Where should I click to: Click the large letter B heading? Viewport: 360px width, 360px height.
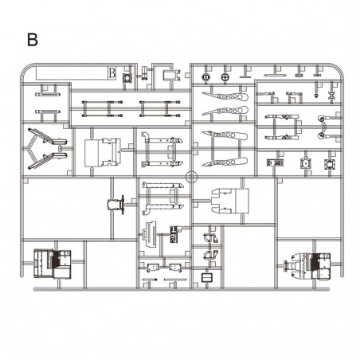tap(33, 40)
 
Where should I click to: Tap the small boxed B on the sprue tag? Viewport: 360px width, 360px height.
tap(112, 73)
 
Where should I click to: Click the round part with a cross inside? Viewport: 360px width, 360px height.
tap(225, 77)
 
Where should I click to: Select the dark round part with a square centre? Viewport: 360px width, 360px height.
tap(205, 77)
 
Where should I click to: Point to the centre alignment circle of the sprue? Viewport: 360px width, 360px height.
tap(191, 177)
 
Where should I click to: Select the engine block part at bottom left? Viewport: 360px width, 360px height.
tap(53, 264)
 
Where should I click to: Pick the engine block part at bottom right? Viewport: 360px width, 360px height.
tap(308, 265)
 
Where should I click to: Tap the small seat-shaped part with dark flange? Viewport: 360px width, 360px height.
tap(116, 205)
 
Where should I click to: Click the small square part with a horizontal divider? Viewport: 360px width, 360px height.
tap(207, 278)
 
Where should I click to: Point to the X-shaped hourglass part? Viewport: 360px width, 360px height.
tap(331, 95)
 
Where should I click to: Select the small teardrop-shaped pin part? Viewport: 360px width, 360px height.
tap(316, 96)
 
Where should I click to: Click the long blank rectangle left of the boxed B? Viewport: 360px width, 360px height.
tap(72, 73)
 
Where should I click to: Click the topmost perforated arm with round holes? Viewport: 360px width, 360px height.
tap(225, 96)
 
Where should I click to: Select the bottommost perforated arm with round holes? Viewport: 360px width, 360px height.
tap(225, 162)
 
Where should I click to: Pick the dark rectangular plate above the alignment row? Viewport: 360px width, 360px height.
tap(275, 162)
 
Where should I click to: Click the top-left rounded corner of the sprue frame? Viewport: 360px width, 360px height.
tap(27, 69)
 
